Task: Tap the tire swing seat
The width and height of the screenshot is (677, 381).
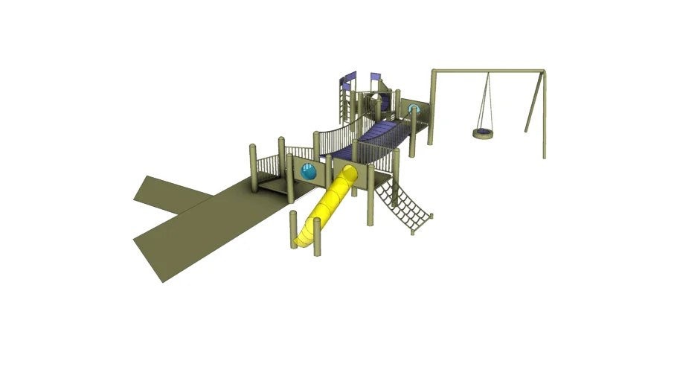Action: [483, 134]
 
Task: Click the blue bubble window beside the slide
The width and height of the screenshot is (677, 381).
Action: [309, 173]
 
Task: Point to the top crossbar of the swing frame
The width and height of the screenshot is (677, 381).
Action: [487, 71]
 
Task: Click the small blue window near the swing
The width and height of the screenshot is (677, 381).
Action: [414, 110]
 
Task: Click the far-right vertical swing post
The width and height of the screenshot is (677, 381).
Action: [545, 115]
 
